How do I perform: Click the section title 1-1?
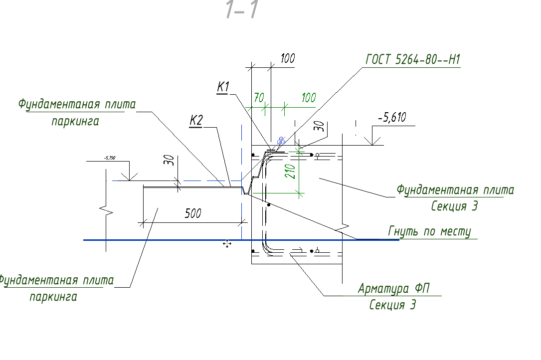pos(241,10)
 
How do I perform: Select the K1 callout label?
pos(223,87)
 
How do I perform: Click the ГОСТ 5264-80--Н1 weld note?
pos(413,60)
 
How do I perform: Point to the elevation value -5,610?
pos(392,118)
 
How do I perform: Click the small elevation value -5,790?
pos(109,158)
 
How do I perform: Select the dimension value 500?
pos(193,213)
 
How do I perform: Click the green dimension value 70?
pos(258,98)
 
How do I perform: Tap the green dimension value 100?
pos(309,97)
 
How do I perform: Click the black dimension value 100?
pos(287,58)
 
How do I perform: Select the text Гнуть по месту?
pos(429,232)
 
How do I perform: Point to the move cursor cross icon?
pos(227,243)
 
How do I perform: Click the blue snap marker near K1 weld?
pos(281,141)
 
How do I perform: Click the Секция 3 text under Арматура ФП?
pos(392,305)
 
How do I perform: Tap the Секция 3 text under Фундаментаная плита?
pos(454,206)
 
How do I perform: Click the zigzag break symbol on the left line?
pos(107,211)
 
